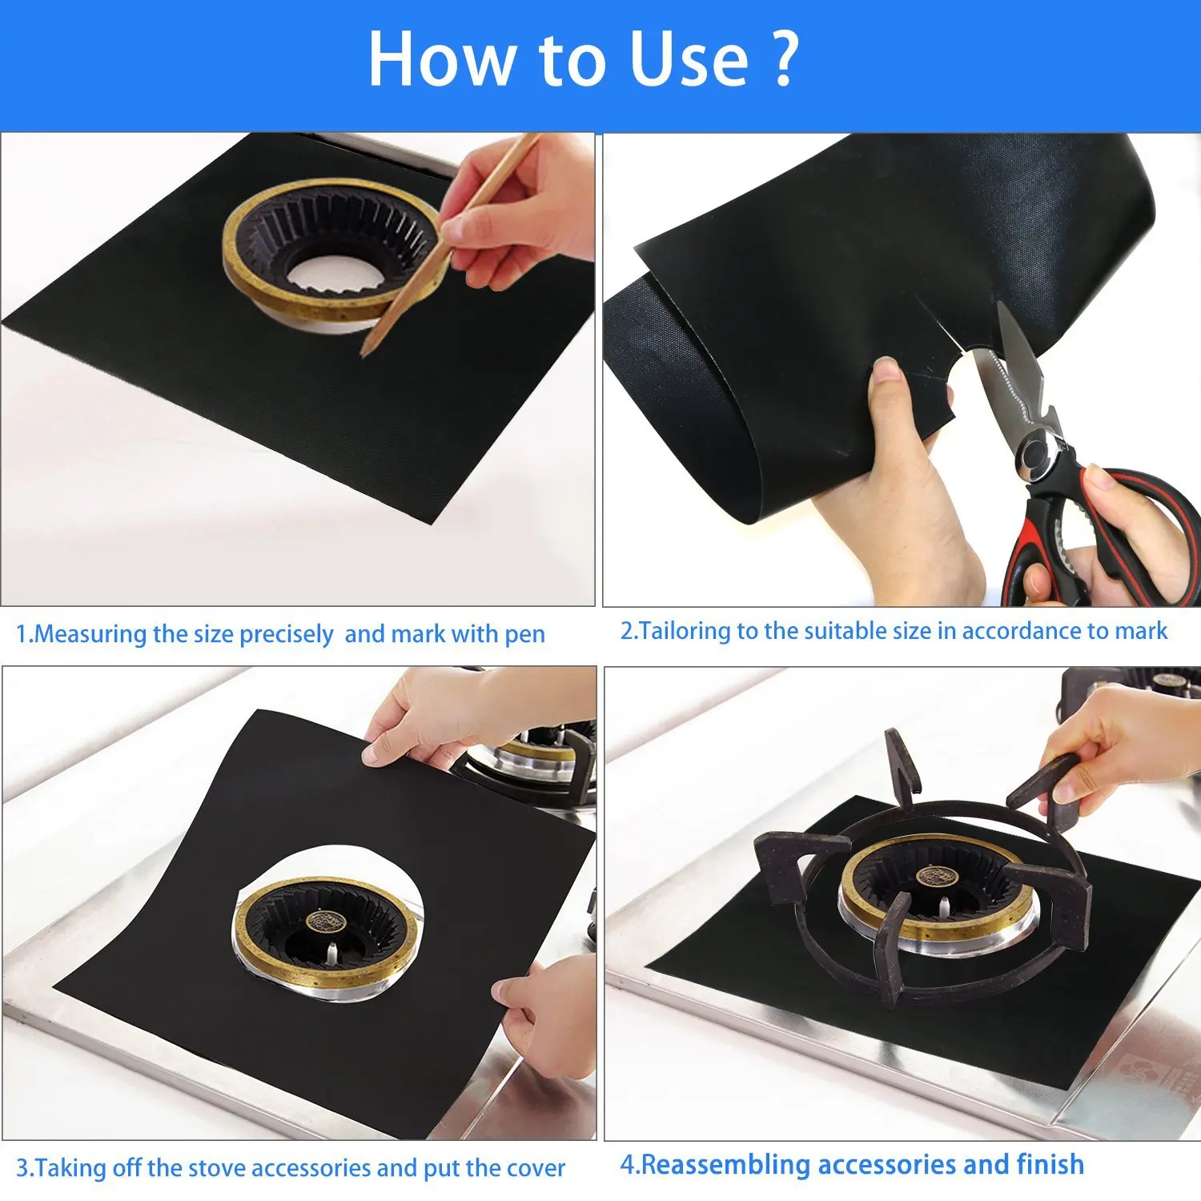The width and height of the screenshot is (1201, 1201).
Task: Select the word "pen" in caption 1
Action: (524, 634)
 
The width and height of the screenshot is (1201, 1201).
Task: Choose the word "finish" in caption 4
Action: (1050, 1164)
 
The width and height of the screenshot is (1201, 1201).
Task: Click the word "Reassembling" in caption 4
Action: (725, 1164)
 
